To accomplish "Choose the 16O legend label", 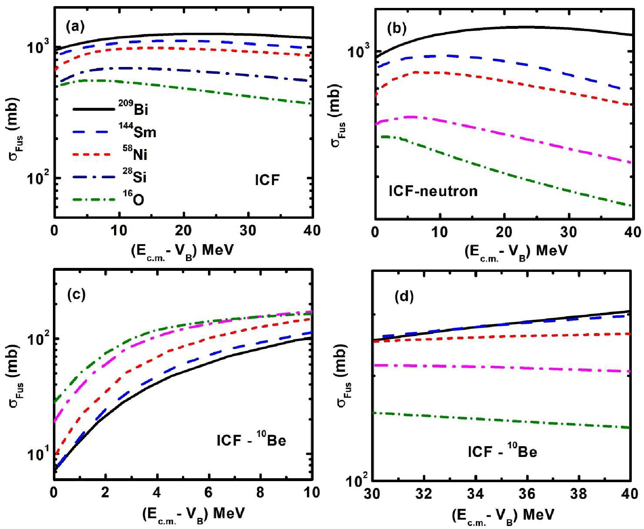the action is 133,198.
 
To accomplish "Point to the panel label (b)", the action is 397,28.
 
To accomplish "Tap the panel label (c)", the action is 77,295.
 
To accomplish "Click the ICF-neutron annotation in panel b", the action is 433,191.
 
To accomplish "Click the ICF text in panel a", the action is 267,180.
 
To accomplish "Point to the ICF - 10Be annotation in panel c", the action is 251,439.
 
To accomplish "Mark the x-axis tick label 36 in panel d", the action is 527,493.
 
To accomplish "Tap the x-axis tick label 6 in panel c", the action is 208,492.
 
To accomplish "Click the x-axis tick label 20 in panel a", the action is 183,230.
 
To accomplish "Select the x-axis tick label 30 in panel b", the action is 569,232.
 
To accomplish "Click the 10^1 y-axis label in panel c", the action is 38,454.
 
